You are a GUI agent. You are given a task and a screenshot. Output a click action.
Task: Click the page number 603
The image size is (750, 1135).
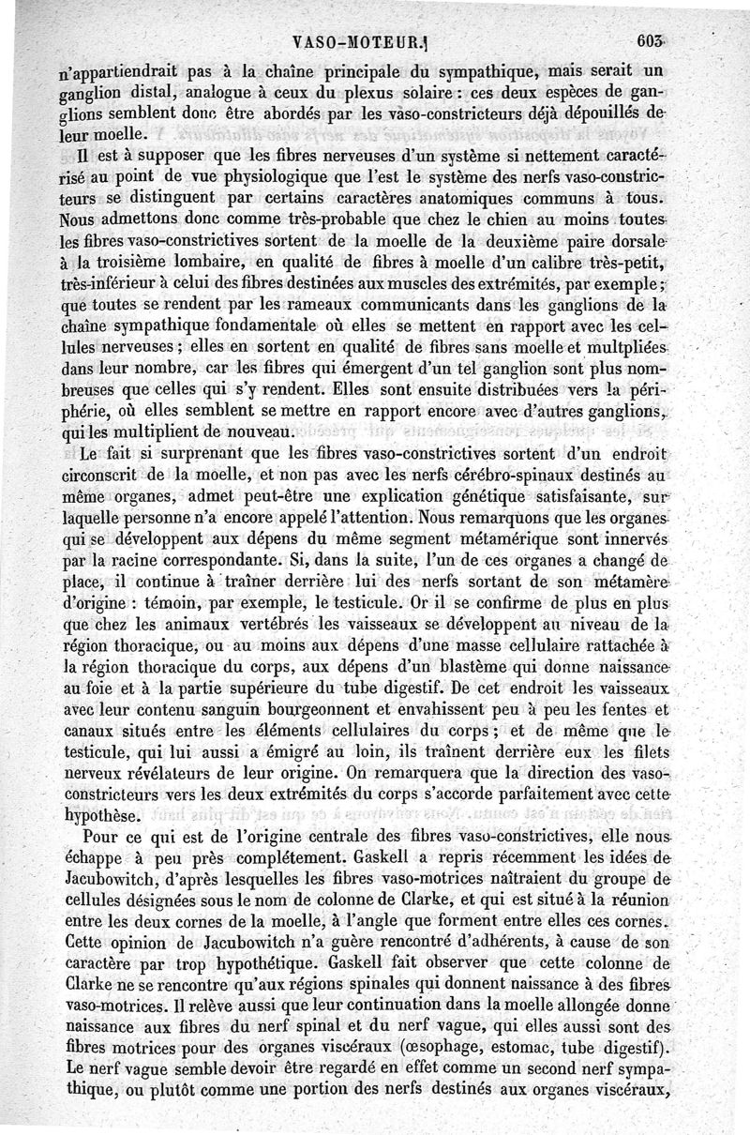pyautogui.click(x=648, y=41)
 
